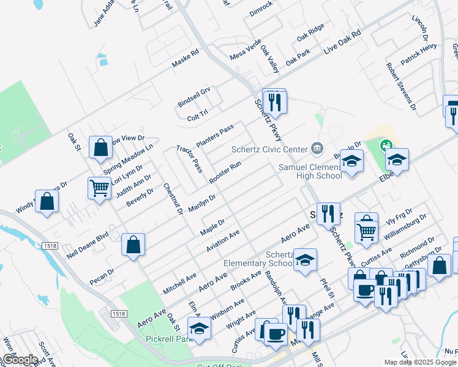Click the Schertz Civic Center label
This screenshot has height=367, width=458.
click(x=269, y=149)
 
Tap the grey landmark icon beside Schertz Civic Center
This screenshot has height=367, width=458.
click(x=317, y=147)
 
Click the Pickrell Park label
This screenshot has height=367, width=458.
click(x=170, y=338)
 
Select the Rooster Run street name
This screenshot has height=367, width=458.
click(x=225, y=172)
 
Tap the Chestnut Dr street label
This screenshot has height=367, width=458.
click(x=173, y=199)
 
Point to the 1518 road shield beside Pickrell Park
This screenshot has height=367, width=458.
click(x=119, y=313)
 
